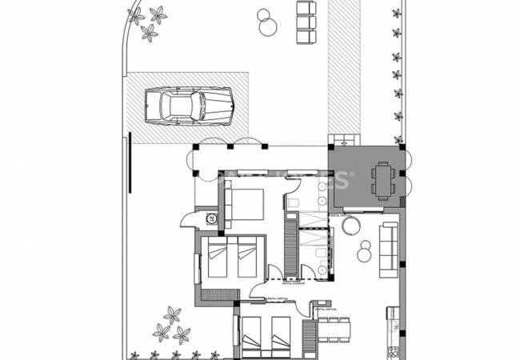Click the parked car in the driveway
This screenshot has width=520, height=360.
(190, 105)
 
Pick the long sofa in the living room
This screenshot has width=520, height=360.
(389, 246)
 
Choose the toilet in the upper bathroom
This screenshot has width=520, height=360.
(294, 205)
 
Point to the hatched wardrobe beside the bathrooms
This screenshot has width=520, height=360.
(289, 248)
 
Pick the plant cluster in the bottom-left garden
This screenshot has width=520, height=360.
(171, 323)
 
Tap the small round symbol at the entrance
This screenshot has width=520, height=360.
(211, 217)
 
